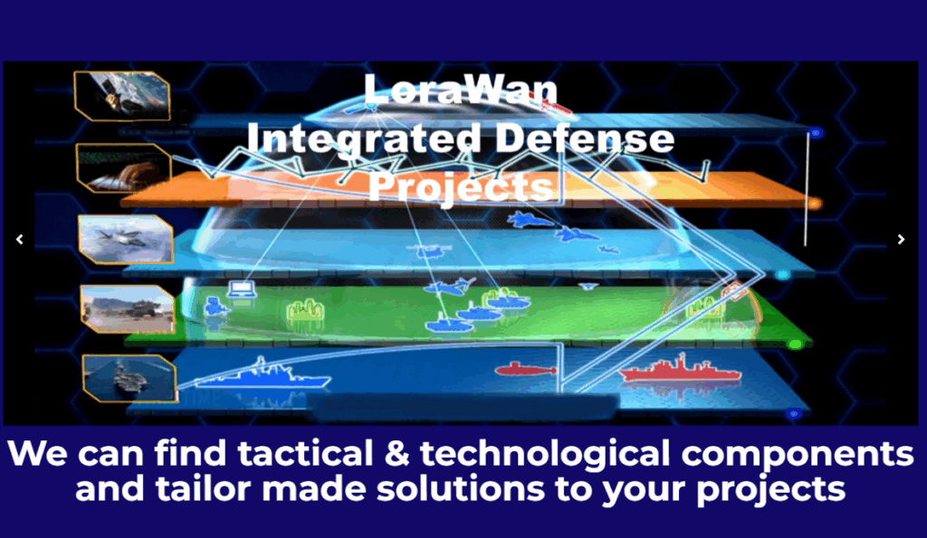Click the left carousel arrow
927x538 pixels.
(20, 240)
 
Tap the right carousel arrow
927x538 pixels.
(901, 240)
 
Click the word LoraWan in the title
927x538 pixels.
(461, 90)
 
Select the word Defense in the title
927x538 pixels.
(585, 138)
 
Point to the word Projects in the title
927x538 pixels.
(461, 186)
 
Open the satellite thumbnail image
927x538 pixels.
(122, 96)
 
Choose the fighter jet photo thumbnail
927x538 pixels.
(126, 240)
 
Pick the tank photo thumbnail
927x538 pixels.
(128, 309)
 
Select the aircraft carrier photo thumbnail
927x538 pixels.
(130, 379)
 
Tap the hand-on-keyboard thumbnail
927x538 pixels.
(124, 167)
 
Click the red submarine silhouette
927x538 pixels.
(525, 369)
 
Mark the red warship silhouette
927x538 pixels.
(680, 370)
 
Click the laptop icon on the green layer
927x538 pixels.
(242, 289)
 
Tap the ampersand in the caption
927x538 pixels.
(397, 454)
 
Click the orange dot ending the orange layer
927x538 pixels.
(815, 203)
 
